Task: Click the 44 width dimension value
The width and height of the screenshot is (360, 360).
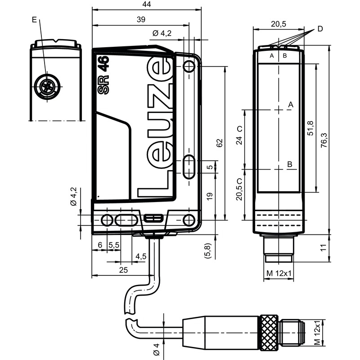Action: point(146,4)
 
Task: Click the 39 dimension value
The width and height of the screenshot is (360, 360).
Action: point(141,19)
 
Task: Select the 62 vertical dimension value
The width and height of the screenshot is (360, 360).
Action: point(220,143)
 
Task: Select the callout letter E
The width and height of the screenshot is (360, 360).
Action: point(35,19)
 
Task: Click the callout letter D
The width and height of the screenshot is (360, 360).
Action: point(320,29)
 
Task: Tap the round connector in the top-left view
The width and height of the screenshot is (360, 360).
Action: point(46,85)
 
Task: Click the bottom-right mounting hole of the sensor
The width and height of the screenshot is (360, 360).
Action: point(189,220)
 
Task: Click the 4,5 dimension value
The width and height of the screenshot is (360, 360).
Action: point(141,256)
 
